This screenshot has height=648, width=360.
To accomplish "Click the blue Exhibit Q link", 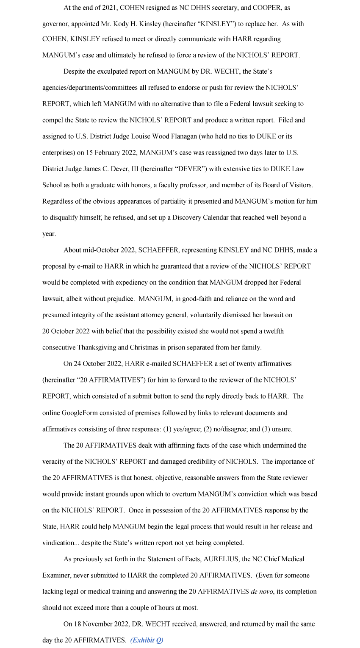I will coord(147,640).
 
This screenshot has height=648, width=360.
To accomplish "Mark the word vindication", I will coord(59,543).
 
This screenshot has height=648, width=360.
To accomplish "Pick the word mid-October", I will coord(101,250).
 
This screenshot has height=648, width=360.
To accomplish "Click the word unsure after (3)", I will coord(281,429).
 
